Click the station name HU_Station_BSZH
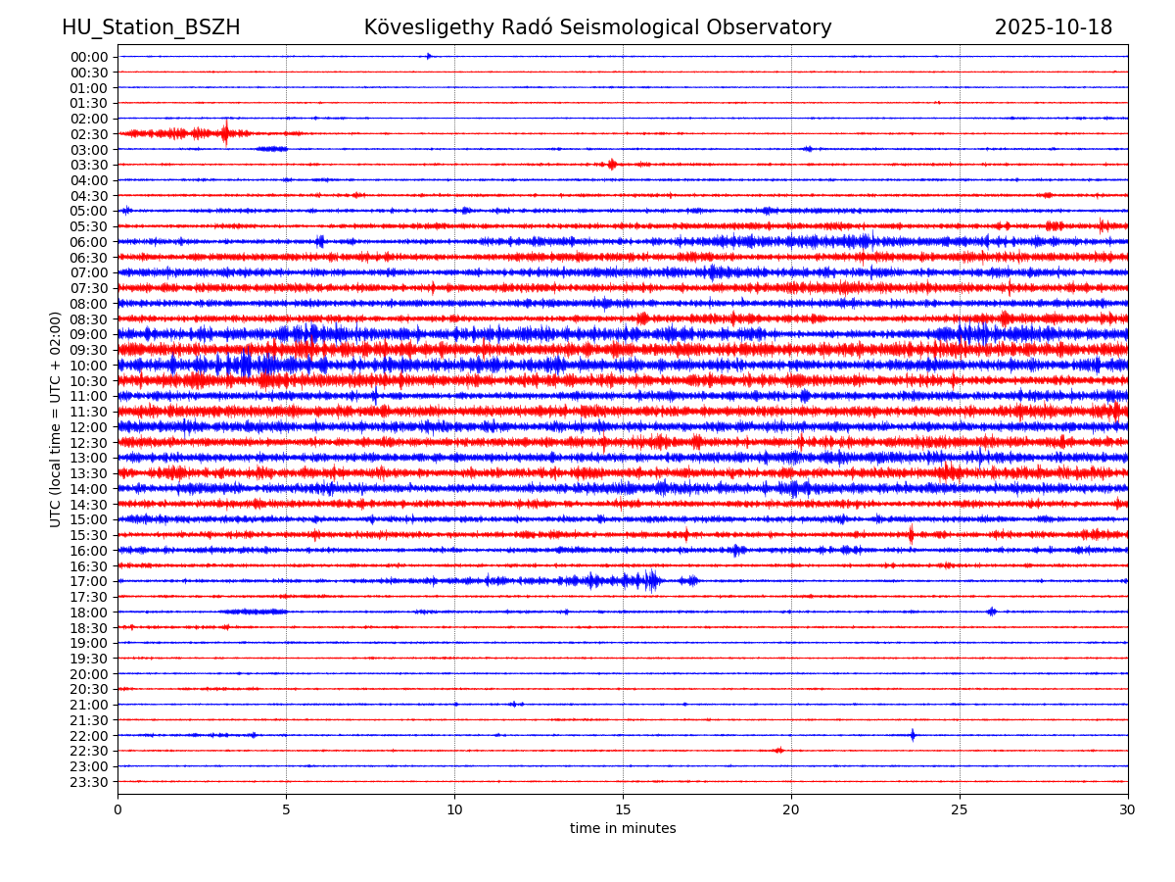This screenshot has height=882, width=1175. click(x=151, y=27)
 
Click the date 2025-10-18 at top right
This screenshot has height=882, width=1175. click(x=1054, y=27)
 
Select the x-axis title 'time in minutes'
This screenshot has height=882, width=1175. click(x=623, y=829)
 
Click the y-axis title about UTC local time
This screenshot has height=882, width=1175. click(x=56, y=419)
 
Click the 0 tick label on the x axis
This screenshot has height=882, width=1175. click(x=117, y=810)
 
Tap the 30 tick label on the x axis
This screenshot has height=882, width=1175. click(x=1128, y=810)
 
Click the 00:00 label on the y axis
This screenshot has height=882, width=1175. click(x=88, y=57)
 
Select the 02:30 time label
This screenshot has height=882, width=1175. click(x=88, y=134)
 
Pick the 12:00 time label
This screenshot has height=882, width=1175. click(x=88, y=427)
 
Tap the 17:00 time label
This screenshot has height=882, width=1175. click(x=88, y=581)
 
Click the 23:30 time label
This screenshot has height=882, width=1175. click(x=88, y=782)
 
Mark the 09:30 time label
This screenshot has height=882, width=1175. click(x=88, y=350)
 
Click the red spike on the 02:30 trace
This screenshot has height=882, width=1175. click(x=225, y=132)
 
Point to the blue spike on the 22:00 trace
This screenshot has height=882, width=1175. click(x=913, y=735)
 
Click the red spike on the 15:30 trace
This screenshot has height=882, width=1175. click(x=911, y=534)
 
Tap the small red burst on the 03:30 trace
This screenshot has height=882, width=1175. click(x=612, y=165)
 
